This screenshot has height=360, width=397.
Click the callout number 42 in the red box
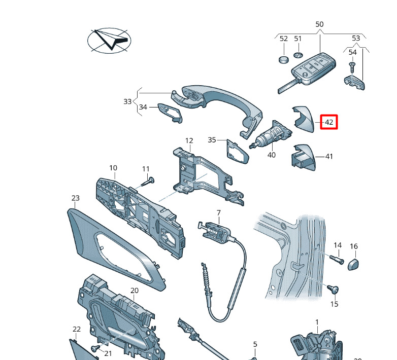pyautogui.click(x=328, y=122)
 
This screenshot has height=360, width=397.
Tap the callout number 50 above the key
pyautogui.click(x=319, y=24)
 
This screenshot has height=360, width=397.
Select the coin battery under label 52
pyautogui.click(x=284, y=60)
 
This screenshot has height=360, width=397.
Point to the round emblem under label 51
pyautogui.click(x=298, y=55)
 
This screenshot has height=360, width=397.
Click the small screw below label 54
pyautogui.click(x=352, y=67)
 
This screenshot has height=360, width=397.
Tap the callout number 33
pyautogui.click(x=127, y=101)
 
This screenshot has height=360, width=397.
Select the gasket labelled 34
pyautogui.click(x=170, y=113)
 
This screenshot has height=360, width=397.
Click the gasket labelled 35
pyautogui.click(x=238, y=152)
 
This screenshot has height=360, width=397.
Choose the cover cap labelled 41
pyautogui.click(x=303, y=158)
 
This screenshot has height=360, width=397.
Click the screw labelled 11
pyautogui.click(x=148, y=182)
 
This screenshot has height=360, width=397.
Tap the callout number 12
pyautogui.click(x=189, y=140)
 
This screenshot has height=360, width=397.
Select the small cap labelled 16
pyautogui.click(x=353, y=265)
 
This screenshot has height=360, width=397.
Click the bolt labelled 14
pyautogui.click(x=337, y=260)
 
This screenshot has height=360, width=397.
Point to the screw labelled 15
pyautogui.click(x=333, y=289)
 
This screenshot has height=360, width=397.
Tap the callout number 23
pyautogui.click(x=76, y=198)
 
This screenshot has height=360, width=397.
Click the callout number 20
pyautogui.click(x=135, y=291)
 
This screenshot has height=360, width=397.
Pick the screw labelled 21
pyautogui.click(x=96, y=348)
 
